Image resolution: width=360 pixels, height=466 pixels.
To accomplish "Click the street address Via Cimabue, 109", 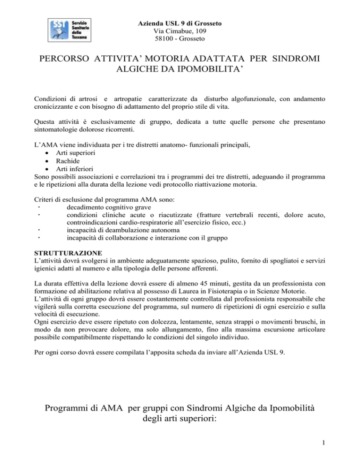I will click(x=180, y=31).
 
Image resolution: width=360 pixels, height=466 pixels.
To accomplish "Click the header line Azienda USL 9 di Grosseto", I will click(x=180, y=23).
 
